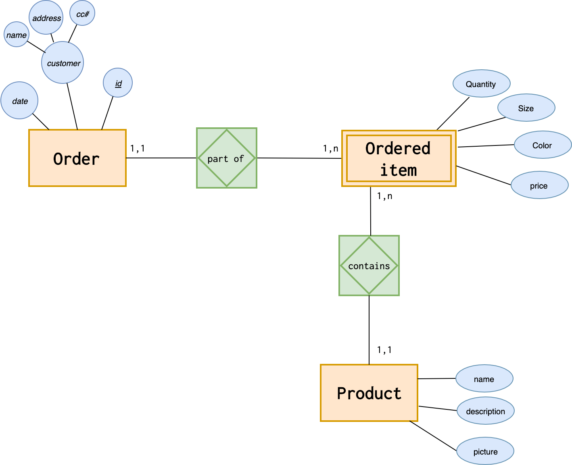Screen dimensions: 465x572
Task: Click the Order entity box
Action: click(77, 158)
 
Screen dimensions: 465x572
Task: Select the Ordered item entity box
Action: click(399, 158)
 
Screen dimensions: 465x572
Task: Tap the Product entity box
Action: click(369, 393)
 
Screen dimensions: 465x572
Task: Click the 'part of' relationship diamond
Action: click(226, 158)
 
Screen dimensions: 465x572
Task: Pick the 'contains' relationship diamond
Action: click(369, 266)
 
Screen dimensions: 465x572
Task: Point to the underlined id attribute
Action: click(118, 83)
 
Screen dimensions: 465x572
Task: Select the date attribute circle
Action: click(19, 101)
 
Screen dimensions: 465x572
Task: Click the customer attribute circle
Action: click(63, 63)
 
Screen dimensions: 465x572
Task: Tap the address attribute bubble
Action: click(46, 18)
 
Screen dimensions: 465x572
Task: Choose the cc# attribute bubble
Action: click(82, 14)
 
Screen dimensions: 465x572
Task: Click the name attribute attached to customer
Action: click(17, 35)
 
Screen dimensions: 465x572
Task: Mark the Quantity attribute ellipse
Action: click(481, 84)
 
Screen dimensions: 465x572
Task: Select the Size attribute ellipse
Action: click(526, 108)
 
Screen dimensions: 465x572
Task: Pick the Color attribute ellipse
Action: click(543, 145)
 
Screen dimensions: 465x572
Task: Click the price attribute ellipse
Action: click(539, 185)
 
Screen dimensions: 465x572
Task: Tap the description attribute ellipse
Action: click(485, 411)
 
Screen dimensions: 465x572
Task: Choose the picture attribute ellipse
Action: click(485, 451)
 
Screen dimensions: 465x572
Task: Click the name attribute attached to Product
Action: click(484, 379)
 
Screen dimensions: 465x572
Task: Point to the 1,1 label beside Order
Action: click(138, 149)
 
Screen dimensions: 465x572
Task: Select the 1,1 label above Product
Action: click(384, 350)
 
